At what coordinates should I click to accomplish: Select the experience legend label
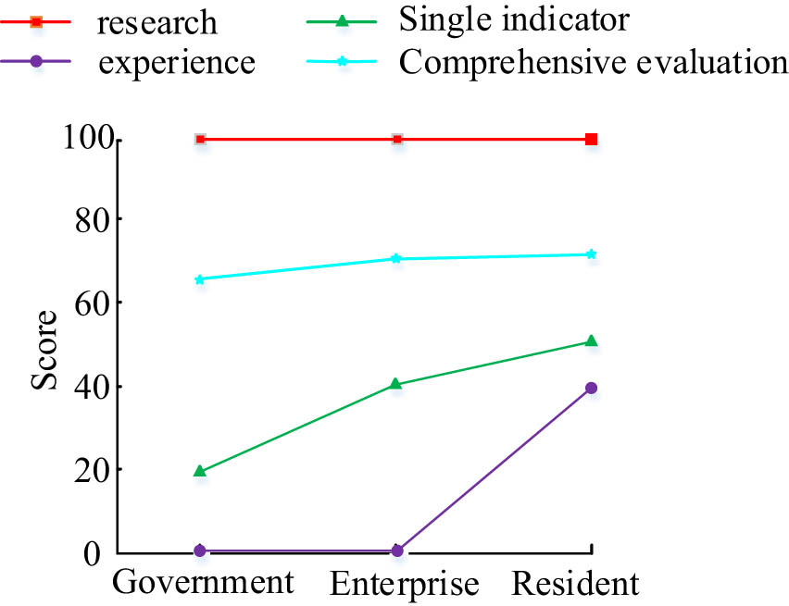176,63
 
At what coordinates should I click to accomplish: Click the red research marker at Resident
592,140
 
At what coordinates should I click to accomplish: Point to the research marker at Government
200,140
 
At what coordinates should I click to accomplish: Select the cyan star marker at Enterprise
396,259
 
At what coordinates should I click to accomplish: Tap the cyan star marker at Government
200,279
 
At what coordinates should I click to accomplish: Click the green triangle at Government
200,471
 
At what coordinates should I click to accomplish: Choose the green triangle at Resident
592,341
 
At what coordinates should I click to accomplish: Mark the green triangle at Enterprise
396,383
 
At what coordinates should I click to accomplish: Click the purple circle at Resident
592,389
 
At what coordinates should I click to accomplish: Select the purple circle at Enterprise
396,550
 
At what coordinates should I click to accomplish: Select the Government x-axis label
203,582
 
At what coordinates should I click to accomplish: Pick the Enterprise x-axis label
405,583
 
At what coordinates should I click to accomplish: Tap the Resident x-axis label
575,583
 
